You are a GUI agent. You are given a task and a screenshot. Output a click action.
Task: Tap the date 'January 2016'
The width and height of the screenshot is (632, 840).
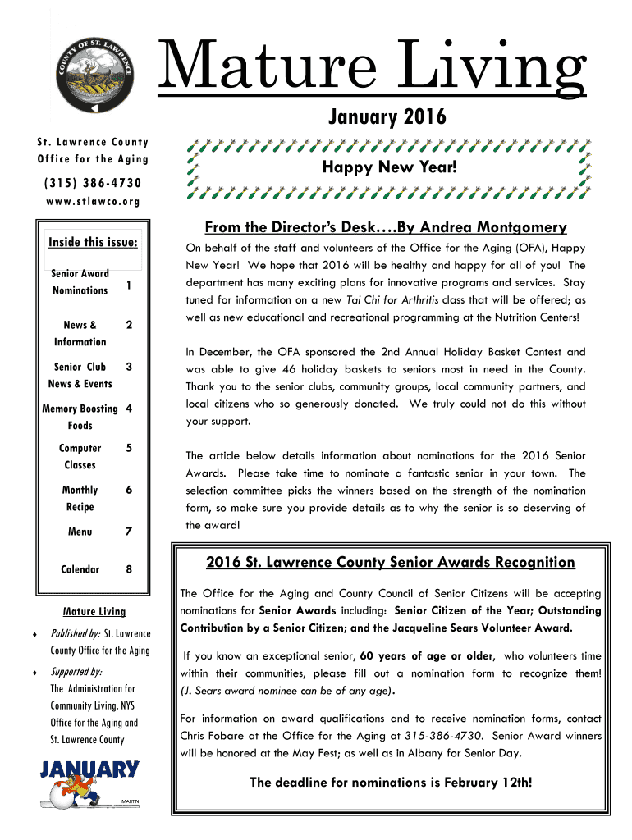[387, 118]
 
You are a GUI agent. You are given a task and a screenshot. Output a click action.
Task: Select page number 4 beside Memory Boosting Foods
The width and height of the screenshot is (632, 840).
[129, 409]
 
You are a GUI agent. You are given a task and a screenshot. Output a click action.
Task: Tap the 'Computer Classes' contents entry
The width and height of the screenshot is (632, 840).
[80, 457]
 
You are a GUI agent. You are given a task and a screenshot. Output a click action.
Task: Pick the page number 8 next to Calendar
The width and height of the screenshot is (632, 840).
[129, 569]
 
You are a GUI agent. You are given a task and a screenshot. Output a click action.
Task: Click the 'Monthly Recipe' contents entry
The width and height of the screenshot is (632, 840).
[80, 499]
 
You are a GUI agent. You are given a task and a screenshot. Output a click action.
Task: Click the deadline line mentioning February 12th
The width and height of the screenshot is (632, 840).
[390, 783]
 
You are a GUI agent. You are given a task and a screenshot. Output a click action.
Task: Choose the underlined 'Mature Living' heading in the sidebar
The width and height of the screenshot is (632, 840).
[94, 612]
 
